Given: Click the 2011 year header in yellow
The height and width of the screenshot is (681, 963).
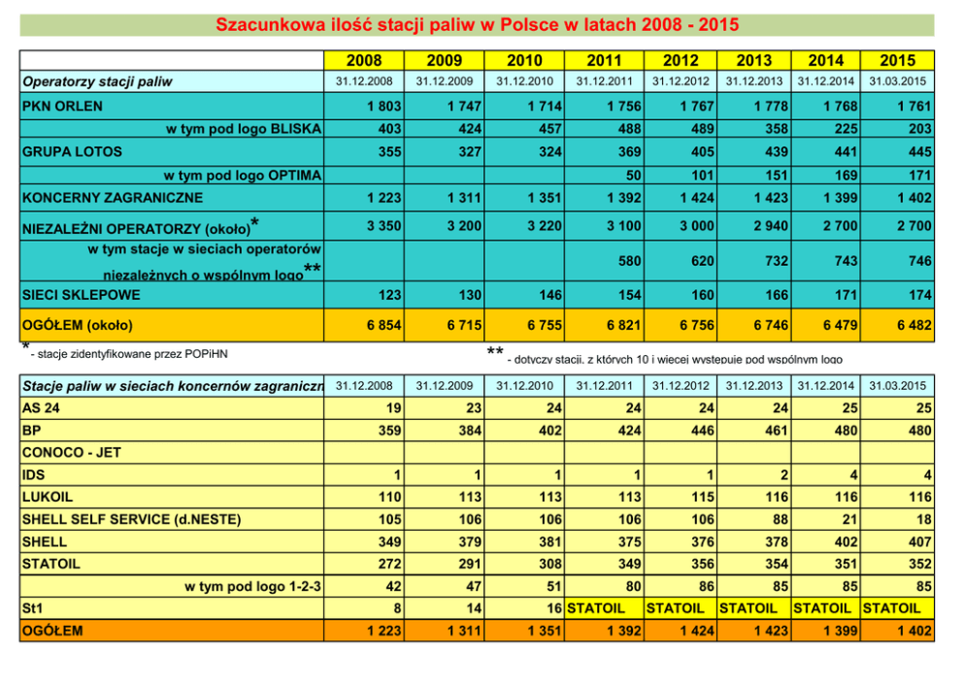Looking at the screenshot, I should coord(605,60).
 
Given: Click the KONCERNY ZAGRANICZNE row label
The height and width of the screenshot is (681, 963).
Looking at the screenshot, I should coord(113,198).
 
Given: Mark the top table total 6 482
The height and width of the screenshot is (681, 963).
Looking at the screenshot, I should coord(914,325).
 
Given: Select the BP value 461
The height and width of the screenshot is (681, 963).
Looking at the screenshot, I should coord(773,430).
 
